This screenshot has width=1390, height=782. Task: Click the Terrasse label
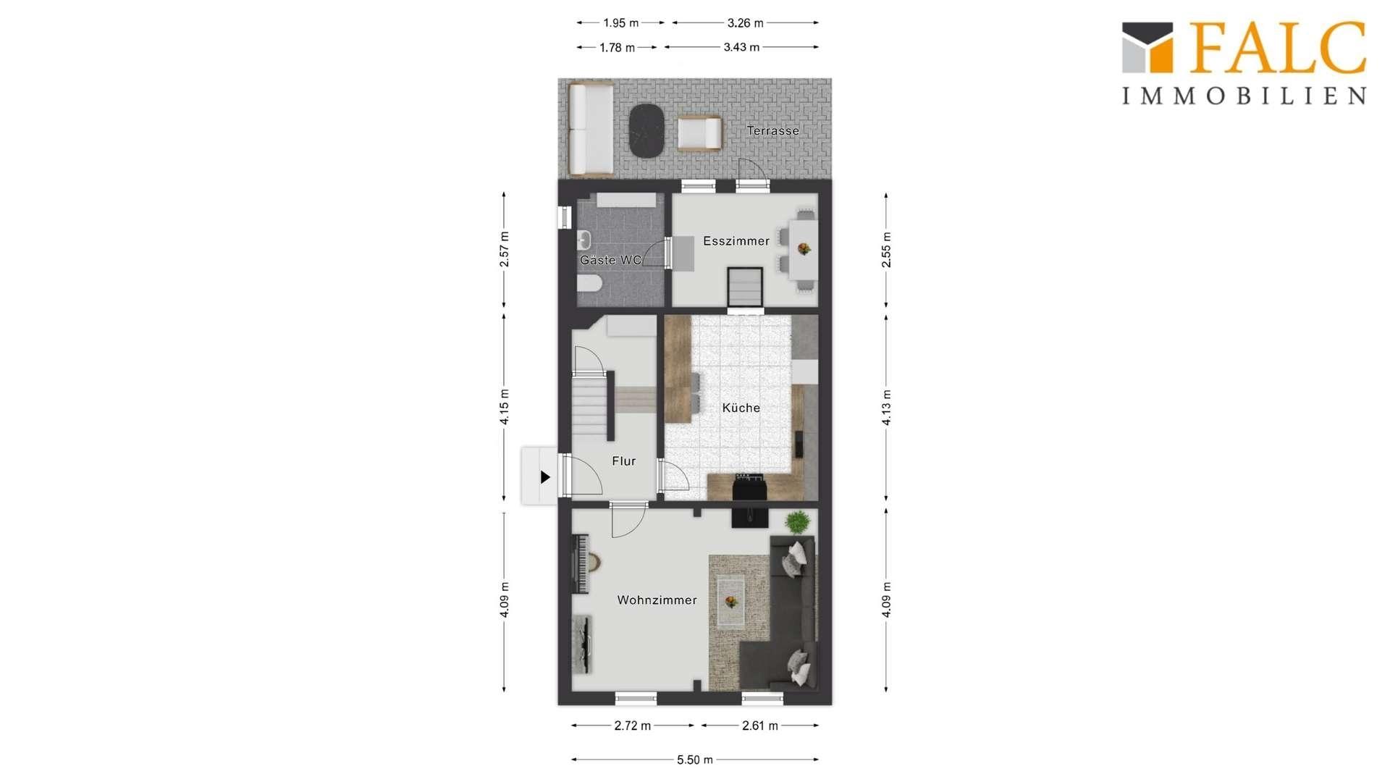(772, 131)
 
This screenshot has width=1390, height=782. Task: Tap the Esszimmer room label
(736, 241)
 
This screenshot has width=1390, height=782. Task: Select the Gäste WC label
(611, 260)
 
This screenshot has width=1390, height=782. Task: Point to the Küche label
(741, 408)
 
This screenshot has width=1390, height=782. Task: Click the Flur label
(623, 461)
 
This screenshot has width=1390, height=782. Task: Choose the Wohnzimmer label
(657, 600)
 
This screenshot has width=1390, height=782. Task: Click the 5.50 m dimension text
(695, 760)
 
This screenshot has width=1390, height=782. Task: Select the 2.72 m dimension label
(633, 726)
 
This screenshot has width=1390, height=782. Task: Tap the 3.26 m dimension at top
(746, 23)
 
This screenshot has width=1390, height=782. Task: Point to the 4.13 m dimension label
(887, 408)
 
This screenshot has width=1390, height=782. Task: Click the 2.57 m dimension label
(505, 249)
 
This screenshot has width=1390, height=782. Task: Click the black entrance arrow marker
(545, 477)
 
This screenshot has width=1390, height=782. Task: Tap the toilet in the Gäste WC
(589, 283)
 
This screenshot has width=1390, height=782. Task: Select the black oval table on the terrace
(647, 131)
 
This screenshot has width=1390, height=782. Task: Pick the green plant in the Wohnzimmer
(798, 521)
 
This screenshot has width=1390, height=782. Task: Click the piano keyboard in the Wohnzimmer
(581, 564)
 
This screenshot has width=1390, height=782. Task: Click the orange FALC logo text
(1278, 48)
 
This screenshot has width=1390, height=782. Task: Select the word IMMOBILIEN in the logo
(1244, 96)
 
